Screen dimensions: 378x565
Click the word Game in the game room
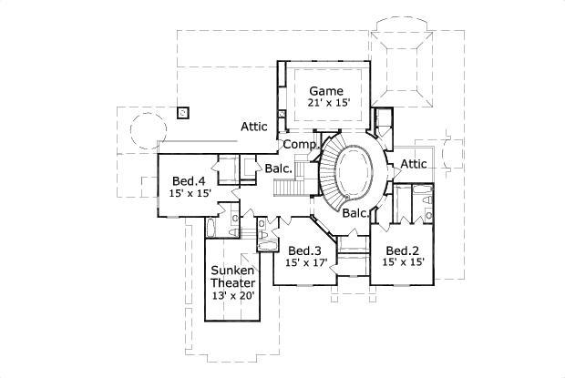point(325,90)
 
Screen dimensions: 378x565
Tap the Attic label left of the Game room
point(254,127)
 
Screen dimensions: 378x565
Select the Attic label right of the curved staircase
point(414,164)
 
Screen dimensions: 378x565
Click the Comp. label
point(298,144)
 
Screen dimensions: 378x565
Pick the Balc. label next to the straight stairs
point(278,169)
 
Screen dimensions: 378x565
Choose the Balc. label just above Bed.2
point(356,213)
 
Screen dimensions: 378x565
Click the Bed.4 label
point(188,181)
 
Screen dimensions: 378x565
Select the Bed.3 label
point(304,250)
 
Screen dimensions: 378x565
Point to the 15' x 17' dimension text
point(304,262)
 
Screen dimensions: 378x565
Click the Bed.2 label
point(402,250)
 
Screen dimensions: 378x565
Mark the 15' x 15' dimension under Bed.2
point(402,262)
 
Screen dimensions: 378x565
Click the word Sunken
point(232,271)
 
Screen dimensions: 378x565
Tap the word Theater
point(232,282)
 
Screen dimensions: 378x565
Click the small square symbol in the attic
point(183,113)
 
